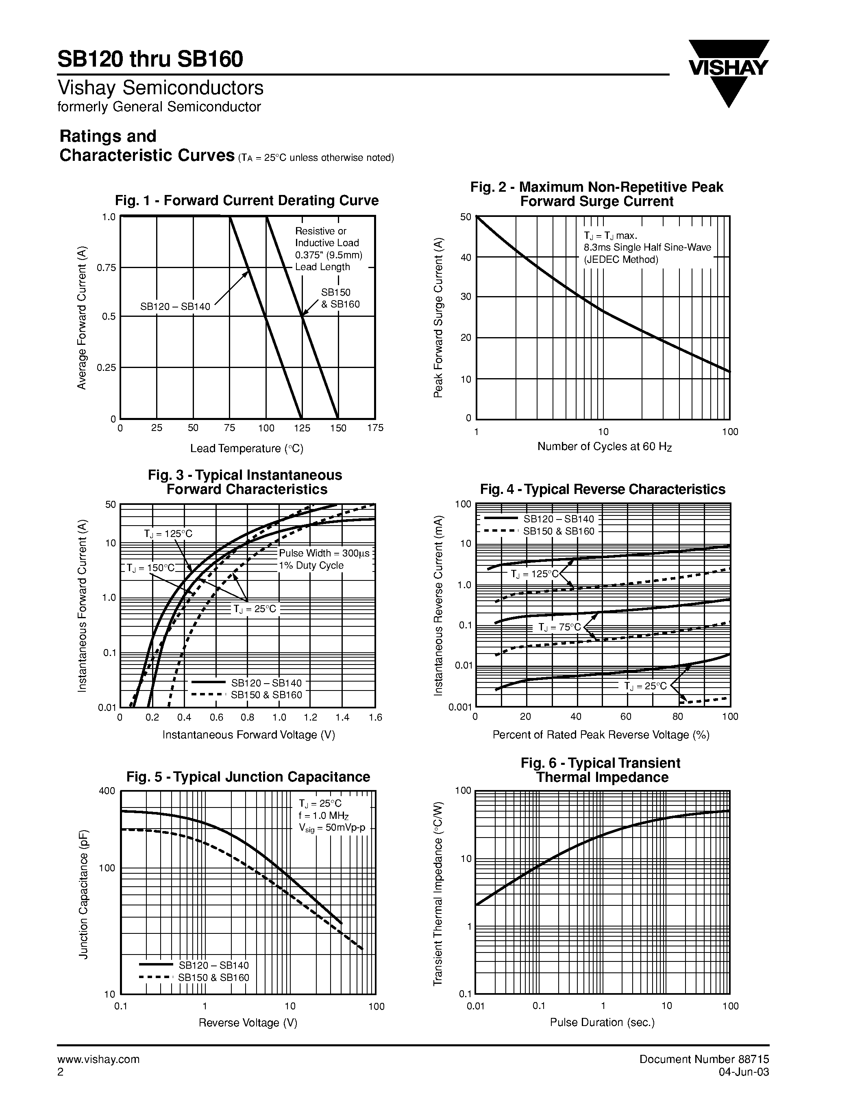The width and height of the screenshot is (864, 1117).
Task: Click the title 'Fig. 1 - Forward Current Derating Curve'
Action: point(247,201)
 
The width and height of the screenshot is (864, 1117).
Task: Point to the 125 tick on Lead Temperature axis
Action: point(302,428)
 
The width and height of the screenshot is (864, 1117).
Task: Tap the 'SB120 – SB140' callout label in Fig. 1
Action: point(176,307)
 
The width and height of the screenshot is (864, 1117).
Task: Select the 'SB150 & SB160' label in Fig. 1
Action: point(340,299)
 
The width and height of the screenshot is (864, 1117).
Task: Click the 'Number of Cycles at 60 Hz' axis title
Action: point(604,446)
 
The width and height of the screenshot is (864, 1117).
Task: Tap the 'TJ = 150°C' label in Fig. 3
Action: point(151,568)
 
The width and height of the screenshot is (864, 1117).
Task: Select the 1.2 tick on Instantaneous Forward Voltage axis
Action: point(310,718)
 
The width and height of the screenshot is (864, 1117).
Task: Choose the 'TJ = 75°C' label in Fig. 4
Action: point(559,628)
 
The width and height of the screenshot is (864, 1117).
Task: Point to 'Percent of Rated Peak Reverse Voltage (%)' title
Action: point(601,735)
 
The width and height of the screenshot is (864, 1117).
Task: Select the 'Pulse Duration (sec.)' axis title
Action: point(603,1022)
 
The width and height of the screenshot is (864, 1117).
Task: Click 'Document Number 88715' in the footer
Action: point(704,1059)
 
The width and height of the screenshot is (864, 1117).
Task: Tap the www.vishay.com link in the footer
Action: point(98,1059)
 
